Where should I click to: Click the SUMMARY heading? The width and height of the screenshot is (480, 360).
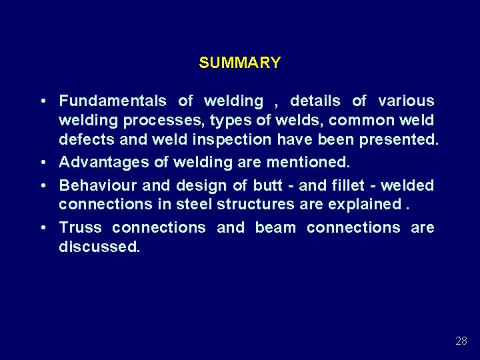point(239,63)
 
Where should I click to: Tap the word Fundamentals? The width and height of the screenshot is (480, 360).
point(113,101)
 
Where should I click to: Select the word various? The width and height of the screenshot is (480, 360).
point(406,101)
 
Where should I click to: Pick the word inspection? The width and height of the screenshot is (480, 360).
point(234,141)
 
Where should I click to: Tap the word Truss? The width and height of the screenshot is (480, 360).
point(80,227)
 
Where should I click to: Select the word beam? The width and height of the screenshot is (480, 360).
point(275,227)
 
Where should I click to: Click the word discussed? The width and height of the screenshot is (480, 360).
point(99,247)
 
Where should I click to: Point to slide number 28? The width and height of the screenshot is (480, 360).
point(461,341)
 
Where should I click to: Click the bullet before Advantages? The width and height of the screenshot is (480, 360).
point(43,163)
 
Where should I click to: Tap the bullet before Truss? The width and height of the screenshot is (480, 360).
point(43,228)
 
